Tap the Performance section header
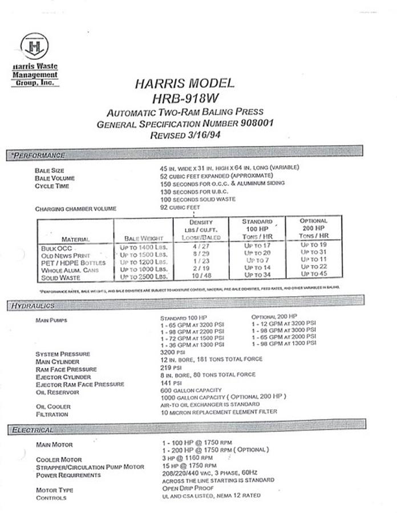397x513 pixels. click(x=39, y=155)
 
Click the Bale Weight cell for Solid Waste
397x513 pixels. click(x=143, y=276)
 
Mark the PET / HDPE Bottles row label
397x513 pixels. click(x=73, y=263)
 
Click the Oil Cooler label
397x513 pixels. click(x=53, y=406)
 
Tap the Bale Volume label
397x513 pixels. click(x=55, y=178)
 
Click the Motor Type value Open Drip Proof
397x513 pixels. click(x=188, y=488)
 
